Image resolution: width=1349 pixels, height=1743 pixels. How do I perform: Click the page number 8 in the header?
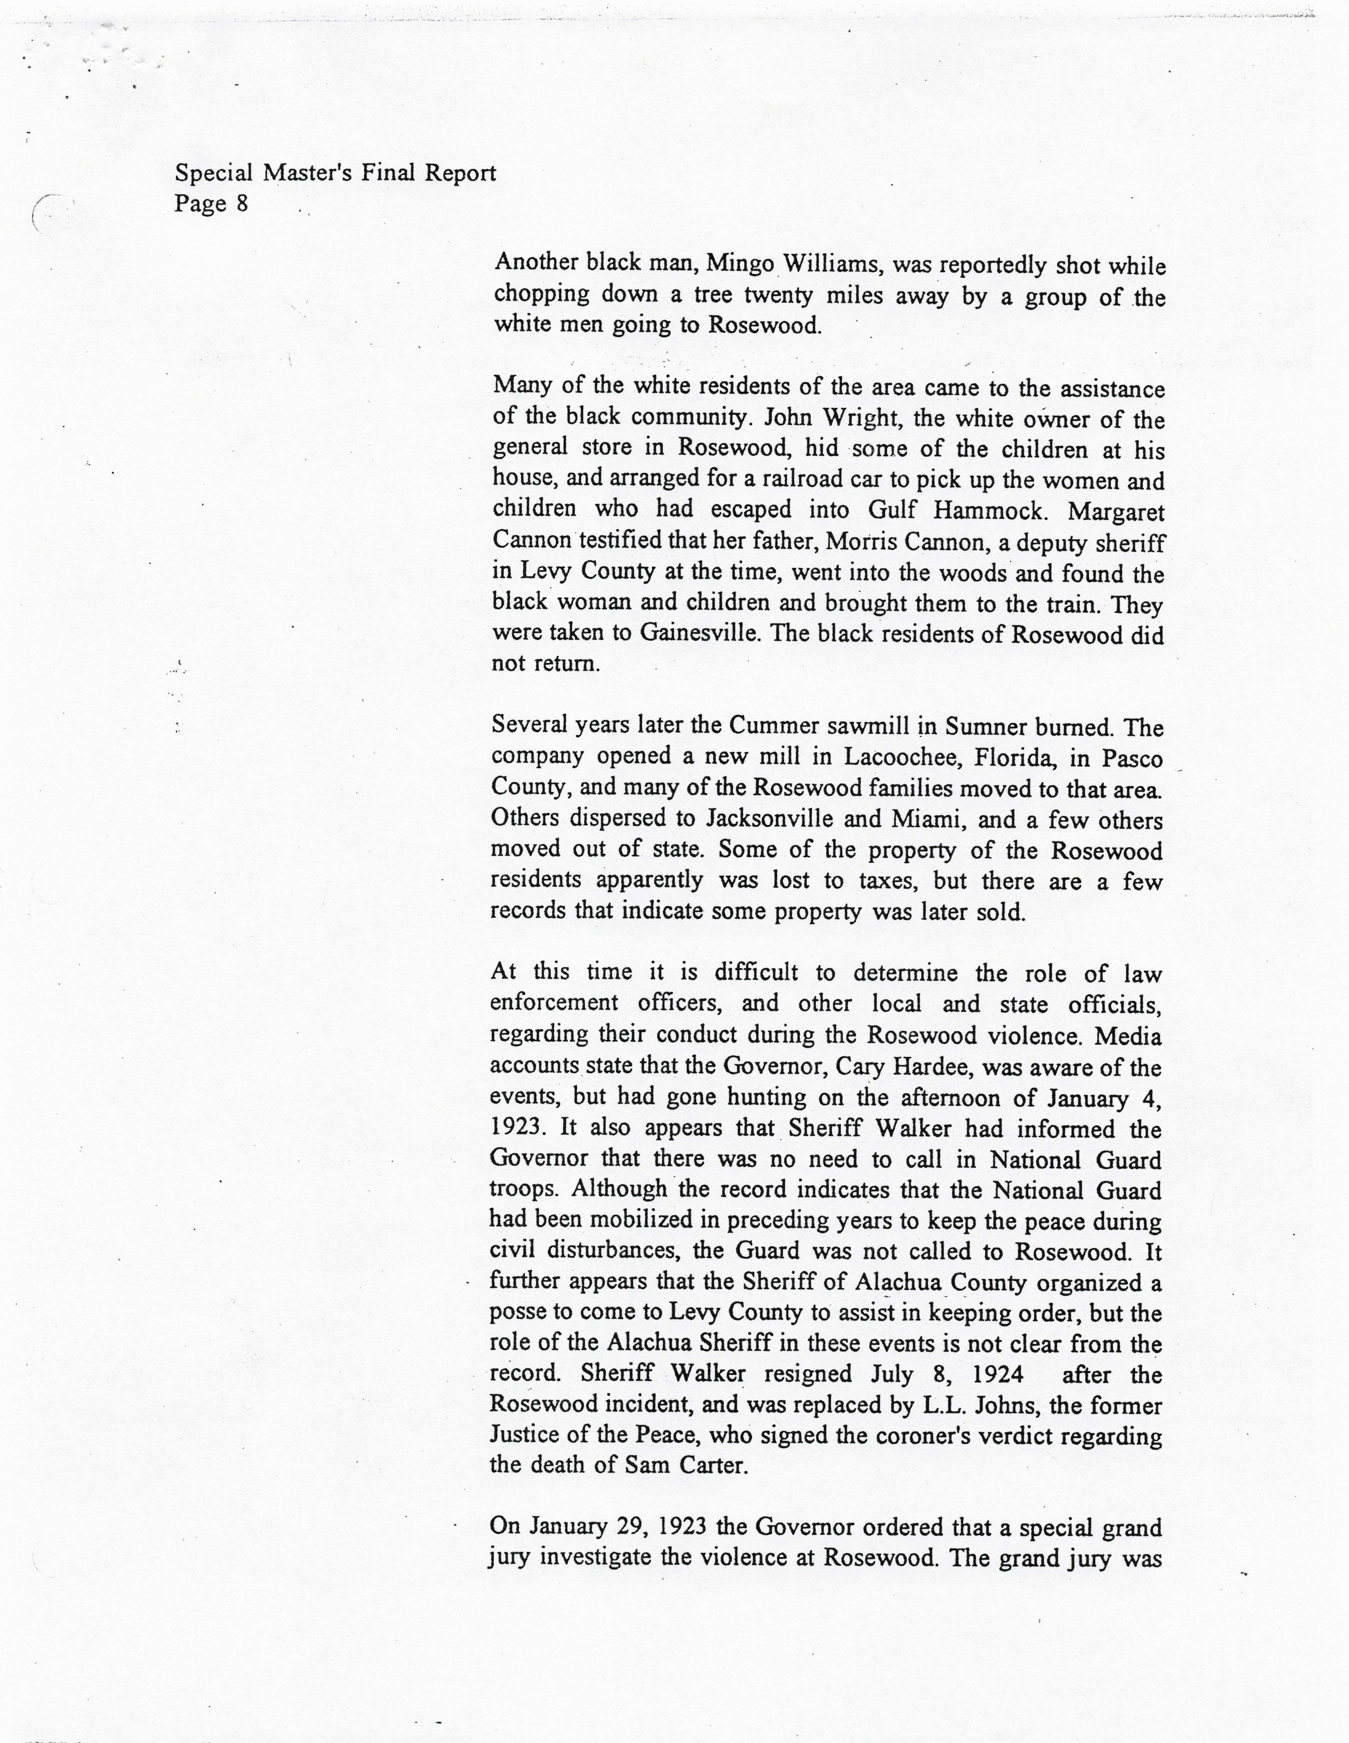241,204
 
